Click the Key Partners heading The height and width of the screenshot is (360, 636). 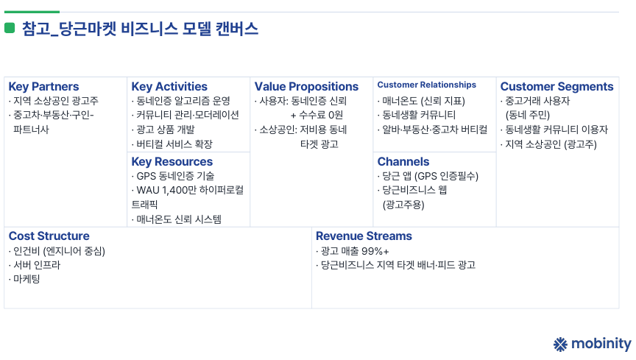tap(44, 86)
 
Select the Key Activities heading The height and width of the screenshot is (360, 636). tap(169, 86)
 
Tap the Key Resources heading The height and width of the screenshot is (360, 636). tap(172, 161)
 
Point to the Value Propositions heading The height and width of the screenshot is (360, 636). tap(307, 86)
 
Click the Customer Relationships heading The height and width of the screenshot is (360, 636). tap(427, 85)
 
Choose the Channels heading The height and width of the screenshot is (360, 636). tap(403, 161)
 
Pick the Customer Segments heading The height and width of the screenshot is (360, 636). tap(557, 86)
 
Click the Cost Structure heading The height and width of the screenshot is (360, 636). tap(49, 236)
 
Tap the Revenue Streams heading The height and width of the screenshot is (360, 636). tap(364, 236)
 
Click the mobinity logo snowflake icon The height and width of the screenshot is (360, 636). tap(561, 344)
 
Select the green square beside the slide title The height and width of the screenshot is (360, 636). tap(10, 28)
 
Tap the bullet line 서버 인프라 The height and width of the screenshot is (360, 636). tap(35, 265)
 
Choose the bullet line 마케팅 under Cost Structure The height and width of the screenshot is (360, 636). tap(24, 279)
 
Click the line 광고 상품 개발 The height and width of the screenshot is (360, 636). tap(163, 130)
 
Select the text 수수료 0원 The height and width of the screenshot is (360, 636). tap(321, 115)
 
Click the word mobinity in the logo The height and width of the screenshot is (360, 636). tap(601, 344)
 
